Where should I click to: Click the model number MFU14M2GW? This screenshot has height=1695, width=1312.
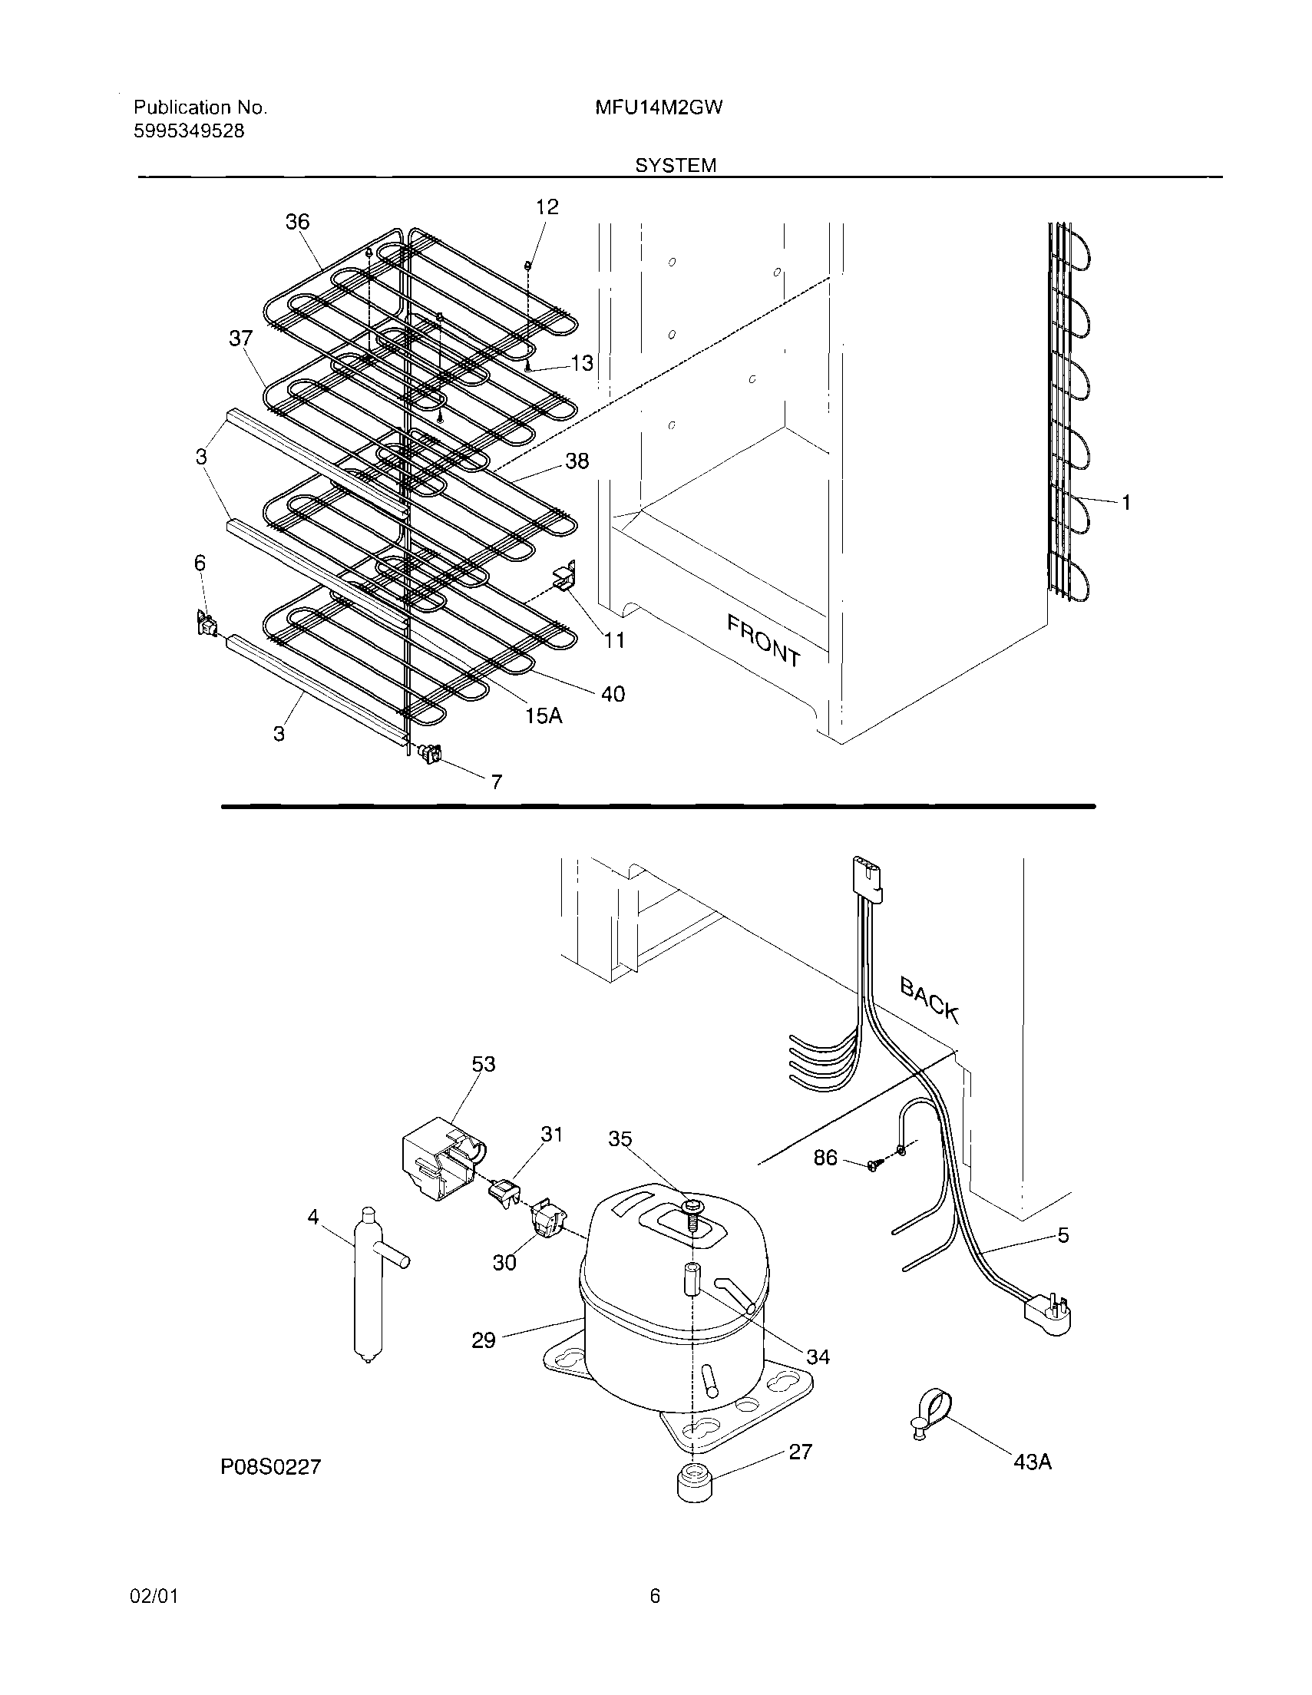point(659,108)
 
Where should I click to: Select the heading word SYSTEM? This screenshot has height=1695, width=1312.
point(676,165)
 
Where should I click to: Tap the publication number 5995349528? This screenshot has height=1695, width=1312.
point(189,131)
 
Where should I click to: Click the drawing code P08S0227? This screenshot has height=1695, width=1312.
point(270,1466)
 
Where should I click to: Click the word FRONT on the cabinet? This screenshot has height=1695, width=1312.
point(763,639)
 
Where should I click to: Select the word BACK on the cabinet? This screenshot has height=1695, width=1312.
point(929,999)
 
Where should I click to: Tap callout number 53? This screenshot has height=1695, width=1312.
point(483,1063)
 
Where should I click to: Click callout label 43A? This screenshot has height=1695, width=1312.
point(1033,1462)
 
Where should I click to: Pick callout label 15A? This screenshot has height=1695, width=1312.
point(544,715)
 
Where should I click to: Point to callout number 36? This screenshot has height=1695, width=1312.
point(297,222)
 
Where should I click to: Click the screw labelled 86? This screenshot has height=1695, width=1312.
point(874,1186)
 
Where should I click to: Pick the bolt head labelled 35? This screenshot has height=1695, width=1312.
point(690,1206)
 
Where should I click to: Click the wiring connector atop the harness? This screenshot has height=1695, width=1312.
point(868,877)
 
